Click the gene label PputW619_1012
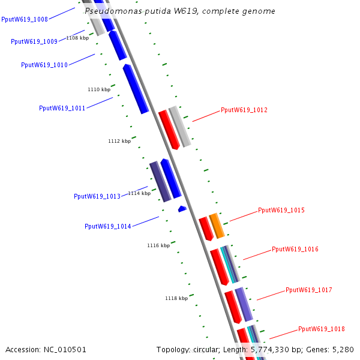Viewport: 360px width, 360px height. tap(244, 110)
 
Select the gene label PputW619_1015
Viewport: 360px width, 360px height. tap(281, 211)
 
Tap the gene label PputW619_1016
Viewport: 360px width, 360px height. tap(295, 249)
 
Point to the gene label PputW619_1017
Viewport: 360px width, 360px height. tap(309, 290)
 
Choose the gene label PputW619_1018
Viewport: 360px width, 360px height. tap(322, 329)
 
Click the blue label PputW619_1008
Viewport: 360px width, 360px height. tap(25, 20)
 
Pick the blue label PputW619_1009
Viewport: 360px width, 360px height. tap(34, 42)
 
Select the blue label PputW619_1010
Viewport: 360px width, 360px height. tap(44, 65)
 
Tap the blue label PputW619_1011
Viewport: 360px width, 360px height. tap(62, 109)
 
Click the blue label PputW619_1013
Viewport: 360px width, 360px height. tap(97, 196)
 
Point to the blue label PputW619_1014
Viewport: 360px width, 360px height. tap(108, 227)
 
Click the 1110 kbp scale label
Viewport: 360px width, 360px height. tap(99, 89)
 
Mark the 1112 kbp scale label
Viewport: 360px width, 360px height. tap(119, 142)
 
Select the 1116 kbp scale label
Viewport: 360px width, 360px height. tap(158, 245)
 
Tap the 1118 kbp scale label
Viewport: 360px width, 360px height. tap(176, 298)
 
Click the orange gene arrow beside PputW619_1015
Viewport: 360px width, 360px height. tap(217, 226)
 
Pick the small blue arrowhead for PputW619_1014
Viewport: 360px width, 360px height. tap(182, 209)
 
